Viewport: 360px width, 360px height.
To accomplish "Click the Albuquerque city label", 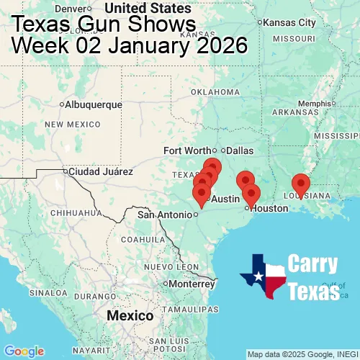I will tap(94, 104).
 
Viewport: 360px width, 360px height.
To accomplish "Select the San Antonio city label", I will tap(166, 215).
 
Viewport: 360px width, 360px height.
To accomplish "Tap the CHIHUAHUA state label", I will tap(70, 213).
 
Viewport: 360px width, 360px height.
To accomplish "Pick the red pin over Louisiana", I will tap(300, 185).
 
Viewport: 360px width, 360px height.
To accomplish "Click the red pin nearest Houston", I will tap(251, 194).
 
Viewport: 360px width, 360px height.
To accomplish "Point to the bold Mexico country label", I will tap(130, 316).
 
